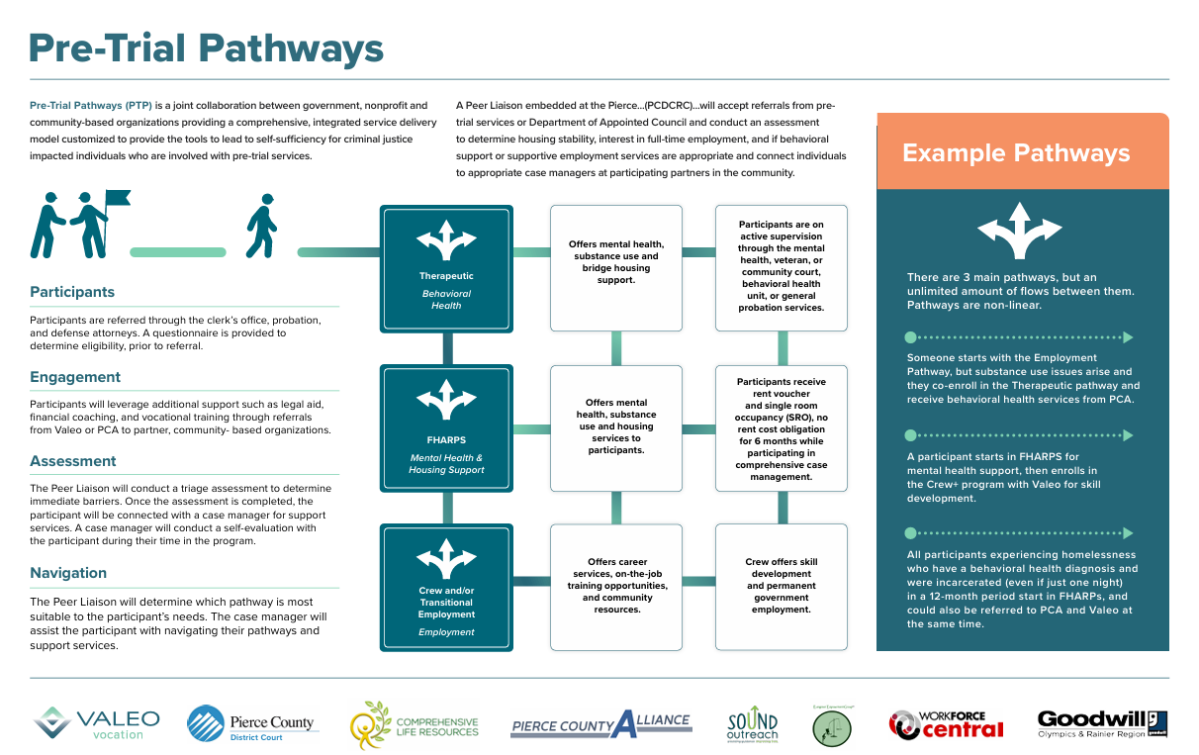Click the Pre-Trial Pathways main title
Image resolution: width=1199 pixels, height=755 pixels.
click(x=206, y=47)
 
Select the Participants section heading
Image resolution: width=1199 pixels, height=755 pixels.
click(x=72, y=292)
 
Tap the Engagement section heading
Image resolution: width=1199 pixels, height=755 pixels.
click(x=75, y=377)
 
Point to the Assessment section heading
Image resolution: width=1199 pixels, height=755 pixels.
click(x=73, y=461)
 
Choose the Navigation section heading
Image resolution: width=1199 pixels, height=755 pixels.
click(x=68, y=573)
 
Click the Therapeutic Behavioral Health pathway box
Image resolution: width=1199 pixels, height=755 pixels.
click(x=446, y=268)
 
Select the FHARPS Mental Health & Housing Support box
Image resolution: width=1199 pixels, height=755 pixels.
click(x=446, y=428)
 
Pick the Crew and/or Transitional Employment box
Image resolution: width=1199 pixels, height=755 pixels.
click(x=446, y=589)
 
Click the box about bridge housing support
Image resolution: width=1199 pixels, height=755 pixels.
click(x=615, y=267)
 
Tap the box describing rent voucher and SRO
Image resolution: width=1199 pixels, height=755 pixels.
click(x=782, y=428)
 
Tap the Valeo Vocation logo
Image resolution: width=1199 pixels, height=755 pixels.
click(x=96, y=723)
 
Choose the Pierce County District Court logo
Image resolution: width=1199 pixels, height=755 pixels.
click(x=250, y=723)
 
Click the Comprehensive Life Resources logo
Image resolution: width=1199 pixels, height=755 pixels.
click(x=415, y=725)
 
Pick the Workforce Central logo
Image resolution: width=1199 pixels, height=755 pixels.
click(x=946, y=724)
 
